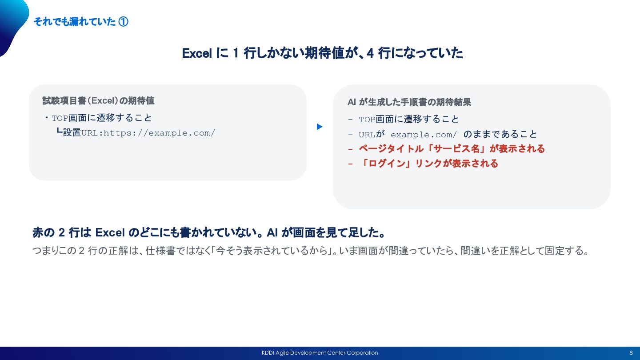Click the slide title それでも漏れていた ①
(x=81, y=21)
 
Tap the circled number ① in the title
(x=123, y=21)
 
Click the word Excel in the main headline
(x=197, y=53)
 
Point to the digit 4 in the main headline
(x=370, y=53)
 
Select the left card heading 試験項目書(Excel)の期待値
(x=98, y=100)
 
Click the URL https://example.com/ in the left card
(x=159, y=133)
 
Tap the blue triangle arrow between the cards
(x=320, y=127)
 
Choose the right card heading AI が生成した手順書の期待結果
(x=409, y=102)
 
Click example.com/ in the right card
(x=424, y=135)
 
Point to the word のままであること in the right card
(x=500, y=134)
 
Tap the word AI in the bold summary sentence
(x=272, y=232)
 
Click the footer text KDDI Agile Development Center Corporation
(x=320, y=353)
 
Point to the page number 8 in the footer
(x=631, y=353)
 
